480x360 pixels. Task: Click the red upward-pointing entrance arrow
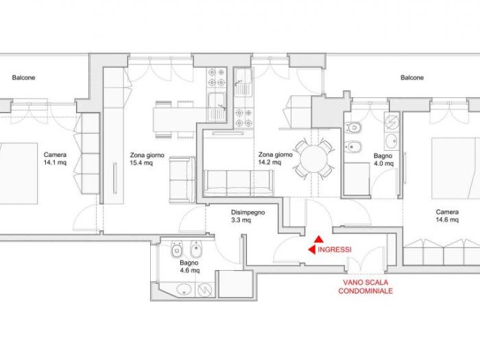coord(319,239)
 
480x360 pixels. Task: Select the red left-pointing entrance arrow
coord(311,250)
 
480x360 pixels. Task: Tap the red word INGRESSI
coord(335,250)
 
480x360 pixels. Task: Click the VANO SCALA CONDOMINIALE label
coord(365,287)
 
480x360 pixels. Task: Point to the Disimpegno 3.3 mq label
coord(248,216)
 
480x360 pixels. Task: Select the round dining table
coord(314,159)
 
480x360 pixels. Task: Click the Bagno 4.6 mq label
coord(189,267)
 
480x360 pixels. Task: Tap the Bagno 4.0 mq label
coord(383,160)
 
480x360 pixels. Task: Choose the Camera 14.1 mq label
coord(55,158)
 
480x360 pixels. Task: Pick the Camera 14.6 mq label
coord(447,216)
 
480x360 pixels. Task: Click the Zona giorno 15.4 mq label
coord(147,159)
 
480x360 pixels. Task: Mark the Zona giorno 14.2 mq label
coord(275,158)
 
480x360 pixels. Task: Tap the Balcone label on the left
coord(23,77)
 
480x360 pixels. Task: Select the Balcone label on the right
coord(412,77)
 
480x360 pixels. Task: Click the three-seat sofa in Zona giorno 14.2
coord(239,183)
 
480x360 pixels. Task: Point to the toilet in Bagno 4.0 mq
coord(353,127)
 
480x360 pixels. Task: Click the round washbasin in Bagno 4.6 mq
coord(184,289)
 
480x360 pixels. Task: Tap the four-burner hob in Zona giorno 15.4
coord(216,77)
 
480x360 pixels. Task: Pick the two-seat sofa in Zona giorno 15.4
coord(182,180)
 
